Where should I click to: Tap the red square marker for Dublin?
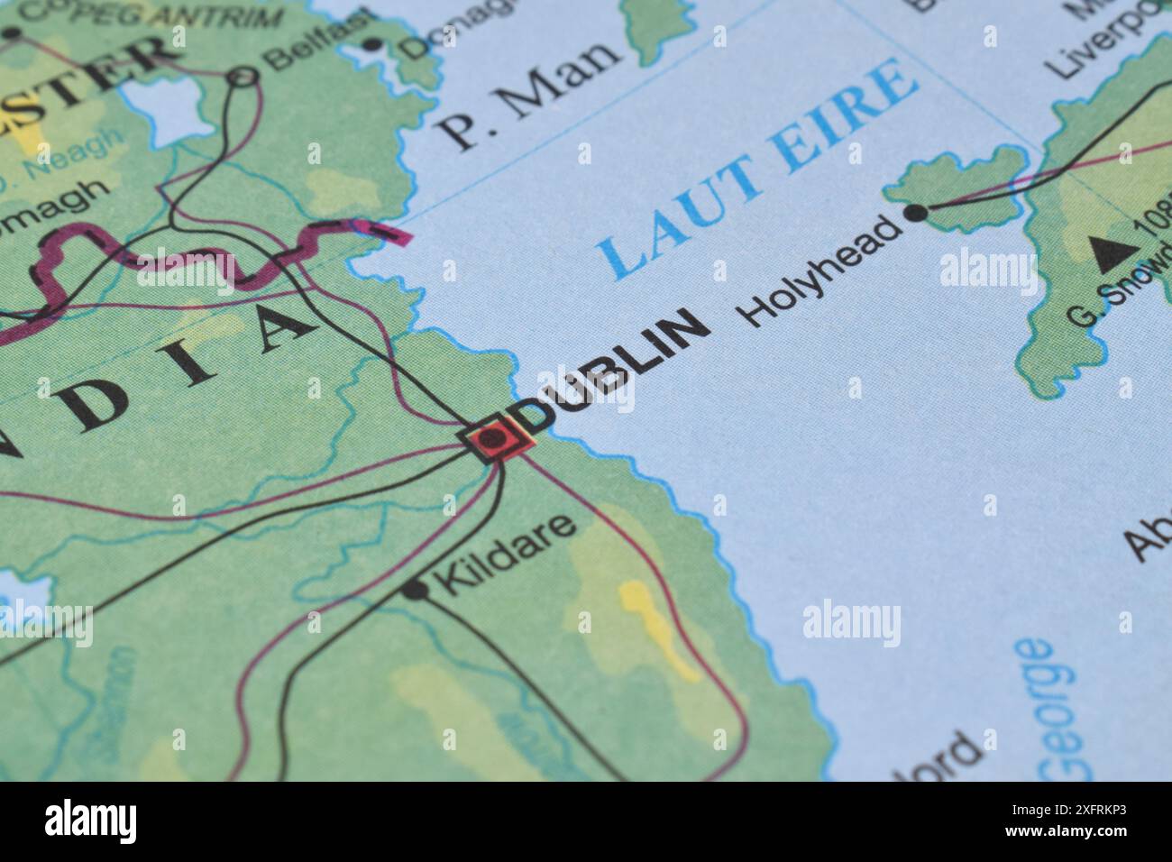pyautogui.click(x=492, y=440)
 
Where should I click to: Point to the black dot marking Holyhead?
pyautogui.click(x=915, y=213)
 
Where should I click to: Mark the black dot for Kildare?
pyautogui.click(x=414, y=590)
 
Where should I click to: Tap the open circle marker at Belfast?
pyautogui.click(x=243, y=78)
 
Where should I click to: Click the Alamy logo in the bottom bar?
pyautogui.click(x=90, y=821)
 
